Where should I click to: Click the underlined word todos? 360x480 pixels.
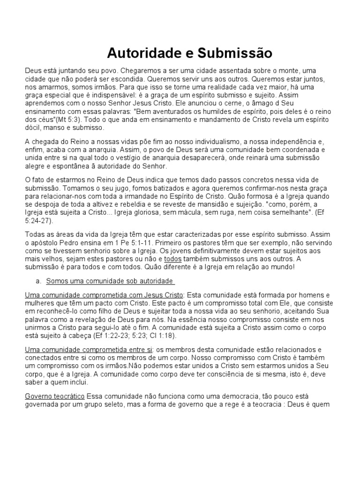173,259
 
